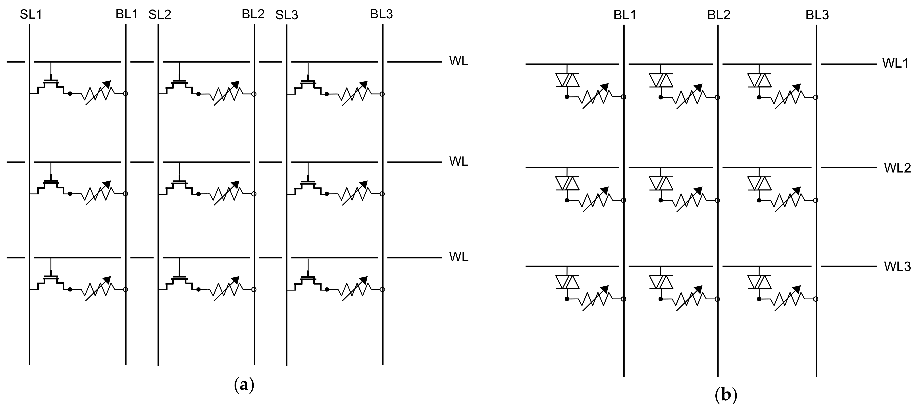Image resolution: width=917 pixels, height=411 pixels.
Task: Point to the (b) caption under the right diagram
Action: click(x=726, y=395)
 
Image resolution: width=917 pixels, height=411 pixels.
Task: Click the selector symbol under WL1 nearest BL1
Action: click(x=567, y=80)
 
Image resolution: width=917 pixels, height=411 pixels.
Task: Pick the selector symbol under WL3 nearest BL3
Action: click(x=759, y=282)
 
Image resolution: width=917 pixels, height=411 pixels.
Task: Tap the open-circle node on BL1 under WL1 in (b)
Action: click(x=623, y=97)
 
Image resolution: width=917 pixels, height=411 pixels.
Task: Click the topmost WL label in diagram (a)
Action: click(x=458, y=61)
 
